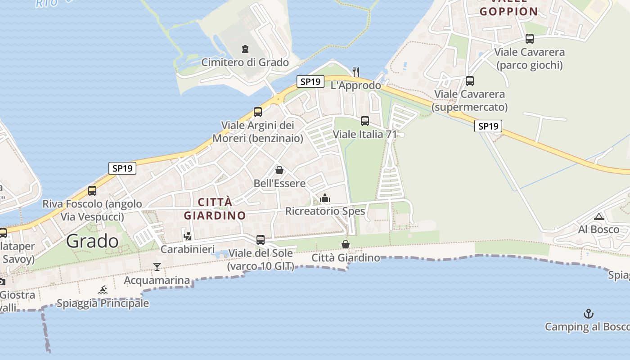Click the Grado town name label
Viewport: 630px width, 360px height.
(x=92, y=241)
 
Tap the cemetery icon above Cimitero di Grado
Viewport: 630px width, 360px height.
(x=245, y=49)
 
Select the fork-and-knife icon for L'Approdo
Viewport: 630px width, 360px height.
(x=356, y=72)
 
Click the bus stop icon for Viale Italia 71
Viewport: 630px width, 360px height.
(x=365, y=121)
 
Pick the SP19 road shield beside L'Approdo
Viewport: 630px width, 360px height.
(x=310, y=81)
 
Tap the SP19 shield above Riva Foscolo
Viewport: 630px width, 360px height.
(x=122, y=168)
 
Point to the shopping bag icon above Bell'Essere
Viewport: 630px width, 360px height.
(x=279, y=170)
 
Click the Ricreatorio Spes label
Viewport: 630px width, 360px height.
(x=325, y=211)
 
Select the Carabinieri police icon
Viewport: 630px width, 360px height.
(x=188, y=235)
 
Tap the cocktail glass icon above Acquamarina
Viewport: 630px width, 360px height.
(x=157, y=267)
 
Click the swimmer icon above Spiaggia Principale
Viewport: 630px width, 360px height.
(x=103, y=290)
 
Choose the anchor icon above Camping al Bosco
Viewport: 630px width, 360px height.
(x=588, y=313)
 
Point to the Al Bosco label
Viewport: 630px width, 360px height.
(x=598, y=229)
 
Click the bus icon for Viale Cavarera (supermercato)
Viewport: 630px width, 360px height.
(x=470, y=81)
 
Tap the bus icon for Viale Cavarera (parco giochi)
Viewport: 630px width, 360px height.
(x=530, y=39)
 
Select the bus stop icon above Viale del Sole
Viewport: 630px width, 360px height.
(x=261, y=240)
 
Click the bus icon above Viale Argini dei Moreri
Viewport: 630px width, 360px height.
(x=258, y=112)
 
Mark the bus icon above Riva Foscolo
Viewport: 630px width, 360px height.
(x=92, y=190)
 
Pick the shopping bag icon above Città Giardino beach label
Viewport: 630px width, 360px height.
(x=346, y=244)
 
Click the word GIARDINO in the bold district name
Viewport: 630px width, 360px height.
(x=215, y=215)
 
